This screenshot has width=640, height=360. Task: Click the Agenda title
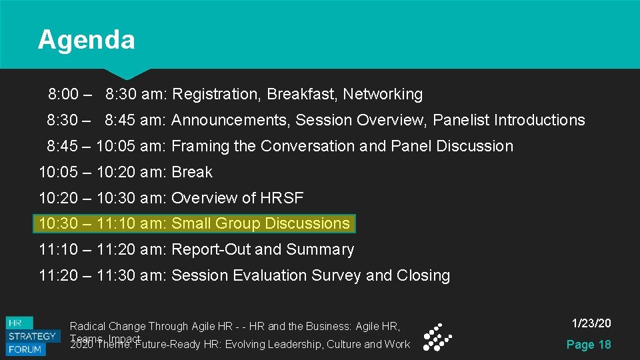click(x=86, y=40)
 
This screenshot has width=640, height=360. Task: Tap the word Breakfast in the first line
click(x=302, y=95)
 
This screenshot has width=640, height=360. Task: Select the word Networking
click(x=383, y=95)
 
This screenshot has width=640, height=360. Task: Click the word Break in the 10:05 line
click(x=192, y=172)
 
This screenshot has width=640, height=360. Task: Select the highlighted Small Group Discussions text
click(x=261, y=223)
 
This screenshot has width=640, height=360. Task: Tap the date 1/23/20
click(x=591, y=323)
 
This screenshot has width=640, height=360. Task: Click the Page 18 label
click(x=588, y=345)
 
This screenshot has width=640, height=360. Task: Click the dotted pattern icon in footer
click(x=438, y=337)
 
